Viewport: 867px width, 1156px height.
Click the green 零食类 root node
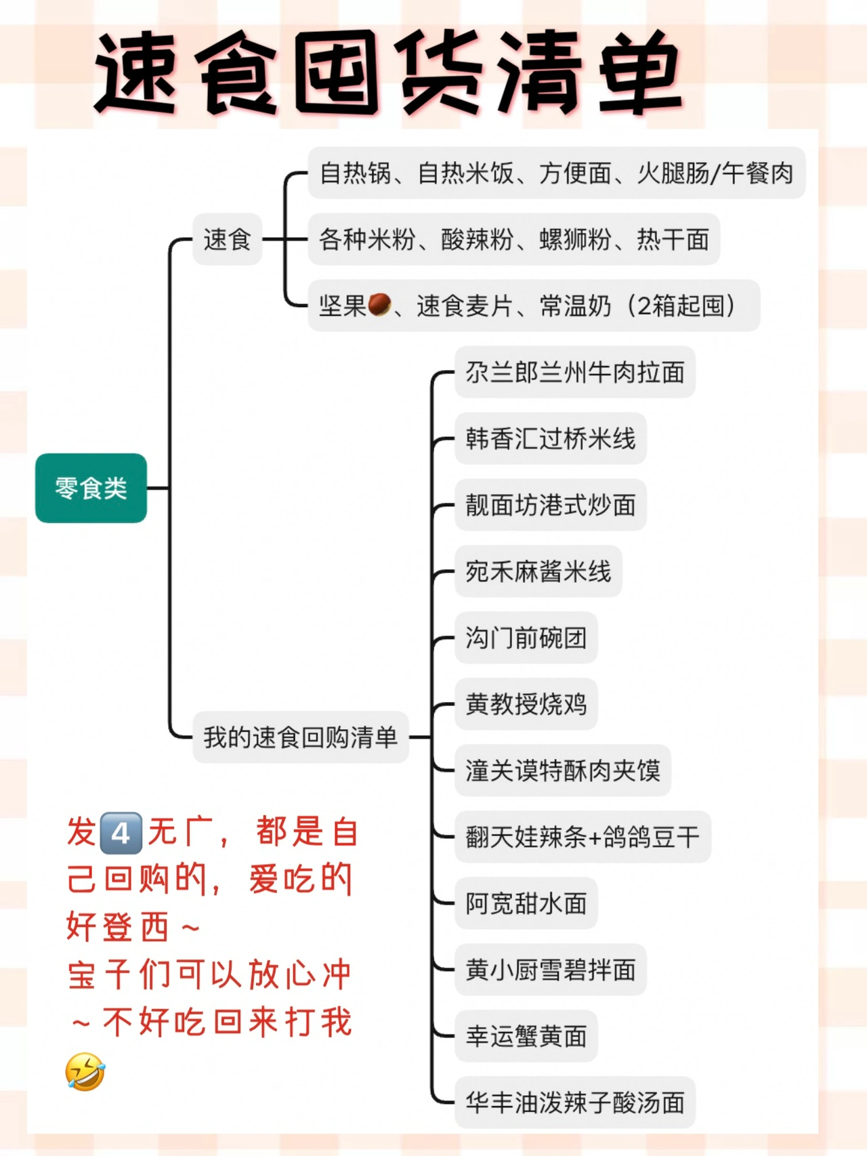tap(91, 488)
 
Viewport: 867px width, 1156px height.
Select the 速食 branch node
tap(227, 239)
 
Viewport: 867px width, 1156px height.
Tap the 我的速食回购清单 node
tap(300, 737)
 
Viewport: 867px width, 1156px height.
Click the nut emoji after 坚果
tap(379, 305)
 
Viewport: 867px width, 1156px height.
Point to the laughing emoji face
tap(85, 1071)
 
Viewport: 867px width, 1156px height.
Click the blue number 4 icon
tap(121, 833)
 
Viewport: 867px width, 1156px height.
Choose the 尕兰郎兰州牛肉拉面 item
tap(574, 372)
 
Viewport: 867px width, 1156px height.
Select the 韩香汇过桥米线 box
tap(550, 438)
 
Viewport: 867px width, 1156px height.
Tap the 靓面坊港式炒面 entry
tap(550, 505)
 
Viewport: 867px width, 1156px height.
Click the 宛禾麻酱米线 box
tap(538, 571)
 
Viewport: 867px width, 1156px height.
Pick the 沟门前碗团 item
tap(526, 638)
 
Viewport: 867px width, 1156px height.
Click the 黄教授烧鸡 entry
tap(526, 704)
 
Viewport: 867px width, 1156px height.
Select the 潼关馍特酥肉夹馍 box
tap(562, 770)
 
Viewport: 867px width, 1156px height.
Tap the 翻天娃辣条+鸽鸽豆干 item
tap(583, 837)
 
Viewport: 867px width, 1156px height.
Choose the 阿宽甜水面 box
tap(526, 903)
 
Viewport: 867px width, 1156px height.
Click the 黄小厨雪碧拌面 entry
tap(550, 970)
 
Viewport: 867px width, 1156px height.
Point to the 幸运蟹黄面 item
tap(526, 1036)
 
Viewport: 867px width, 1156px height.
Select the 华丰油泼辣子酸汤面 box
tap(574, 1102)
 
